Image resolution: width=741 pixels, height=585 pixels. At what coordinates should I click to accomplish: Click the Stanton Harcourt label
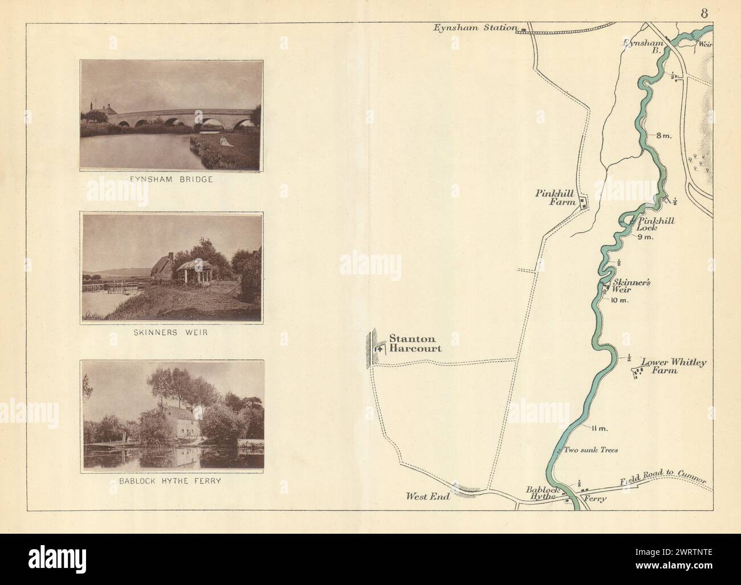[415, 343]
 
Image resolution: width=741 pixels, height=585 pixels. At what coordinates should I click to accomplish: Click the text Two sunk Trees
[591, 449]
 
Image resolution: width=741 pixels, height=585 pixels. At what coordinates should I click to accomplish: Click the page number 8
[705, 14]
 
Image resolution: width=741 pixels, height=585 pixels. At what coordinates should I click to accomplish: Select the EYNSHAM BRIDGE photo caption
[172, 179]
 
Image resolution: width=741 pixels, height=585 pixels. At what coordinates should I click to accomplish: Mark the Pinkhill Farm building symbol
[583, 202]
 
